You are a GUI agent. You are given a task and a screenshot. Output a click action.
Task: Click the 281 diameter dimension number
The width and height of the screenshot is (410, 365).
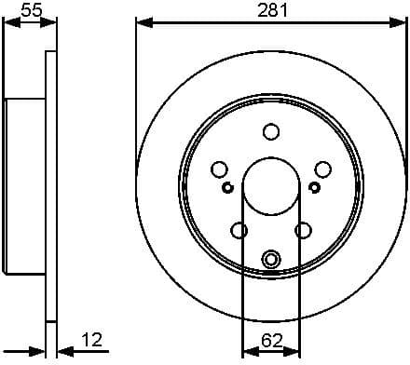point(271,10)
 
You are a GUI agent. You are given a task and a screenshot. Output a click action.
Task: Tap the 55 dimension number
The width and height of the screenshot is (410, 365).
point(31,10)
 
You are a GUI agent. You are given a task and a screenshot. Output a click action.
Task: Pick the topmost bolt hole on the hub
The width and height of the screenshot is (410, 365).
point(270,131)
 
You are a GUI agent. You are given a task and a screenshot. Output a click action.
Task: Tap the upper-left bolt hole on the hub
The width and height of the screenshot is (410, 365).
point(220,169)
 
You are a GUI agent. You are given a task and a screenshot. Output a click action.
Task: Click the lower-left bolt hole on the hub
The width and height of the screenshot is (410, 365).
point(239,229)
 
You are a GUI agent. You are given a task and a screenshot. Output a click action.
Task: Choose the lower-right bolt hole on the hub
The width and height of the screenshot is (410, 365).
point(303,229)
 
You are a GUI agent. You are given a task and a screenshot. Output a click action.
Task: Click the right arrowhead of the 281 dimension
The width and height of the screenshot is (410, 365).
point(401,21)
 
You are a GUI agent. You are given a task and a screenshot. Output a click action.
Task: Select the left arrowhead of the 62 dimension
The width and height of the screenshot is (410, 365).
point(247,351)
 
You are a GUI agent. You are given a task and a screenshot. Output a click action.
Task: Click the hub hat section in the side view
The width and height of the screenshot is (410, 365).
point(25,185)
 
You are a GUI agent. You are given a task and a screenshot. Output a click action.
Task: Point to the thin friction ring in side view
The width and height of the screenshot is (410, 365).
point(49,185)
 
